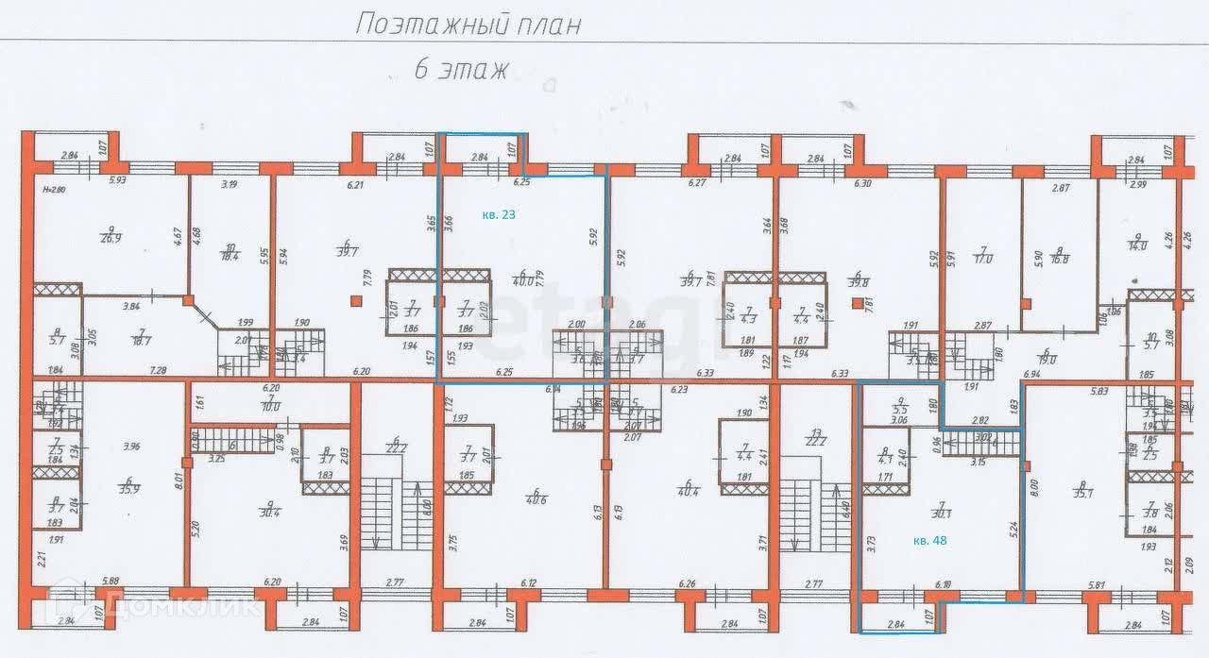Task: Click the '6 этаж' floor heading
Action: (x=461, y=68)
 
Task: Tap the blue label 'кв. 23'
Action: (x=499, y=215)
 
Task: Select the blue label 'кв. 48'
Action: (x=932, y=541)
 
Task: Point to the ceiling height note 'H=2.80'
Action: (x=57, y=189)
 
